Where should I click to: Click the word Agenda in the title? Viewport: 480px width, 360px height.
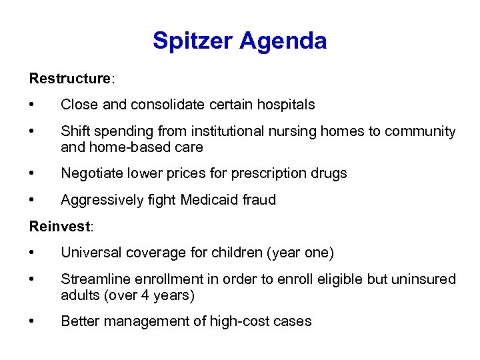tap(283, 41)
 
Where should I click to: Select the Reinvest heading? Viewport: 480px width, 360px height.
tap(59, 226)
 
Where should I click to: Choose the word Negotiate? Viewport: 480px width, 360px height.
tap(91, 173)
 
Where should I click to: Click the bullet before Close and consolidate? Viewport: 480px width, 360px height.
tap(31, 105)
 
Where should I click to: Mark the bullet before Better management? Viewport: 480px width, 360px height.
tap(31, 321)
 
